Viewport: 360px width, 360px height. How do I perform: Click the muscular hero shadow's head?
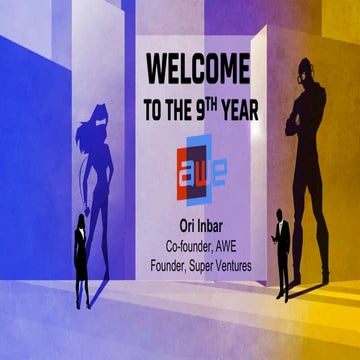(305, 73)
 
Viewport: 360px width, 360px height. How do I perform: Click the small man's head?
(283, 217)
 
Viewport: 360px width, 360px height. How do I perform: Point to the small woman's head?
(80, 220)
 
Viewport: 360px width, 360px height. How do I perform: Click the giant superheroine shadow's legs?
(106, 215)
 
